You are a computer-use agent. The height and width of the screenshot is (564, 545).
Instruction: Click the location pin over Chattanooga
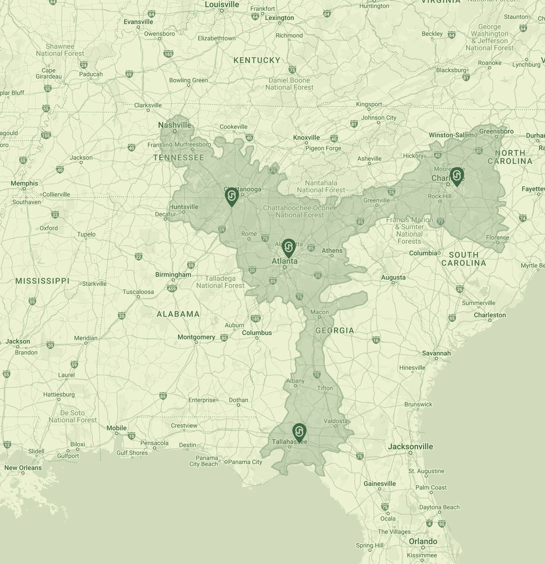pyautogui.click(x=232, y=196)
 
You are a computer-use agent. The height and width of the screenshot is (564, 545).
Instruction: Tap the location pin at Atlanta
pyautogui.click(x=288, y=248)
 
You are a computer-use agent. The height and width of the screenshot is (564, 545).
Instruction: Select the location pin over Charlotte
pyautogui.click(x=457, y=176)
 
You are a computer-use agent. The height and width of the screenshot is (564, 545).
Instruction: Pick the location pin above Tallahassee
pyautogui.click(x=299, y=432)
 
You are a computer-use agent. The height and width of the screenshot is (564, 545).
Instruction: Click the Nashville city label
pyautogui.click(x=175, y=125)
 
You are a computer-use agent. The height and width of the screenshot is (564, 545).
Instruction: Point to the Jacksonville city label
pyautogui.click(x=410, y=446)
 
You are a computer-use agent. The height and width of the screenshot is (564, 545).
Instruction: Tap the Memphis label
pyautogui.click(x=24, y=183)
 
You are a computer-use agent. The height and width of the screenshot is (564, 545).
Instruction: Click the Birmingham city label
pyautogui.click(x=173, y=274)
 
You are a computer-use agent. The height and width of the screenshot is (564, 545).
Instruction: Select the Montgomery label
pyautogui.click(x=196, y=337)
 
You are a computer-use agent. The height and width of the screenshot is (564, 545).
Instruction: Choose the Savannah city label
pyautogui.click(x=437, y=353)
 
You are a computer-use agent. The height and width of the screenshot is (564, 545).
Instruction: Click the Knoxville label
pyautogui.click(x=306, y=137)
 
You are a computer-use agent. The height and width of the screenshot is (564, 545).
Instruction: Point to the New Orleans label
pyautogui.click(x=23, y=468)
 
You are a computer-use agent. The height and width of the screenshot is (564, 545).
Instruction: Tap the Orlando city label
pyautogui.click(x=423, y=541)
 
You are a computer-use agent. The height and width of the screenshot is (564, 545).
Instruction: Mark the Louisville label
pyautogui.click(x=222, y=5)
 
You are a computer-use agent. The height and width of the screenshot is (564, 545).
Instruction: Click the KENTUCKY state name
pyautogui.click(x=257, y=60)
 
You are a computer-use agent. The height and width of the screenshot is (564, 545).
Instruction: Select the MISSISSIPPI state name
pyautogui.click(x=42, y=281)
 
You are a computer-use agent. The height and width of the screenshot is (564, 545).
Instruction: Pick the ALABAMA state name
pyautogui.click(x=178, y=314)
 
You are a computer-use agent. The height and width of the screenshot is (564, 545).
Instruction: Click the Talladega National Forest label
pyautogui.click(x=221, y=282)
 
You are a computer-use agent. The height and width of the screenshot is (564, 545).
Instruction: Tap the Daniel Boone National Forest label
pyautogui.click(x=290, y=84)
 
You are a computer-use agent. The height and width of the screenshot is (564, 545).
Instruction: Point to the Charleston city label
pyautogui.click(x=489, y=315)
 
